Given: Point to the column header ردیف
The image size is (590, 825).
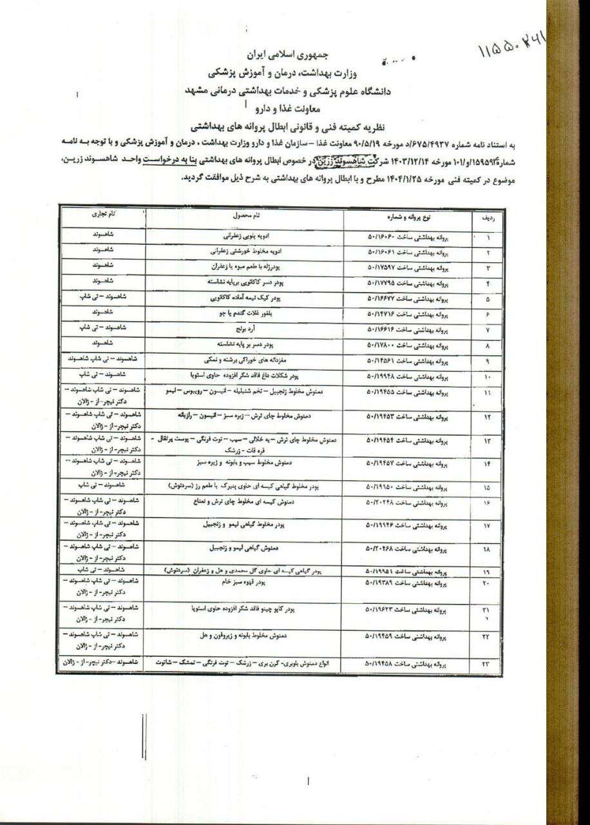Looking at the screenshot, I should (488, 218).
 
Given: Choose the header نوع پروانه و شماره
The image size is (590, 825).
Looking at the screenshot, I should (408, 216).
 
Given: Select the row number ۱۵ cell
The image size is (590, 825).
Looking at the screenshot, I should (488, 485).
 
